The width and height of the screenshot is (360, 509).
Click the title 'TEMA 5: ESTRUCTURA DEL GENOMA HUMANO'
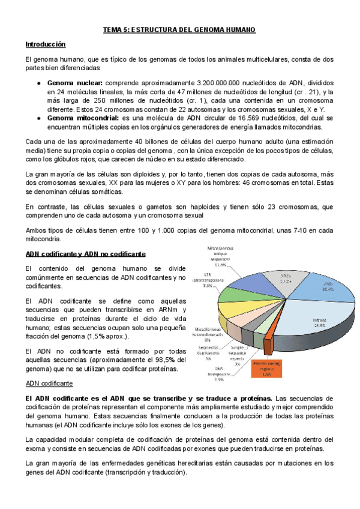point(180,29)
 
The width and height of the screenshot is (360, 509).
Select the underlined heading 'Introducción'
point(45,44)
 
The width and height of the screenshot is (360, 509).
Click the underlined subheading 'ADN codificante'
point(49,383)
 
